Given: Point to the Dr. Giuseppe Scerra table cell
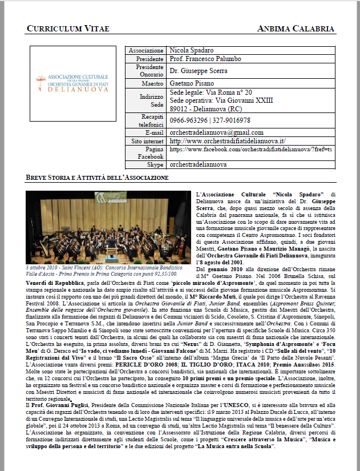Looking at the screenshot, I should pos(199,71).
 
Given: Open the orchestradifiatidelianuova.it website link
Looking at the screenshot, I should pos(228,141).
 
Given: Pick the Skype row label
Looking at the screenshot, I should pos(155,164).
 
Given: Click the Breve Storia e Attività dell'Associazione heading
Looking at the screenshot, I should pos(97,178).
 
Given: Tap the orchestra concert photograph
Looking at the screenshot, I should pos(109,227).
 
